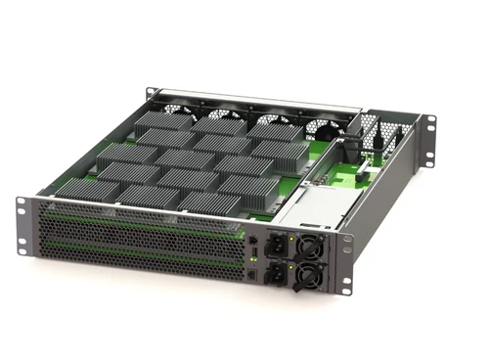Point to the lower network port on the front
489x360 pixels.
pos(254,275)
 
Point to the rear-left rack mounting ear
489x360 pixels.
pos(154,95)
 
